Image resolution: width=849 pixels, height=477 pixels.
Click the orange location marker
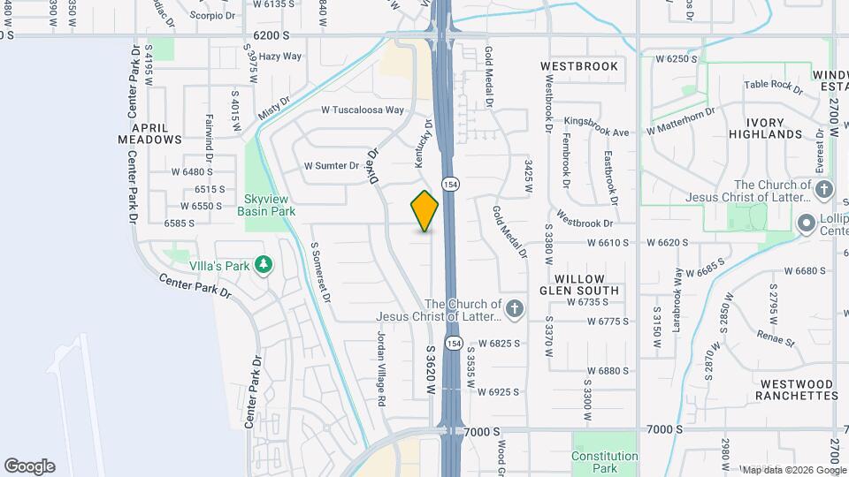424,210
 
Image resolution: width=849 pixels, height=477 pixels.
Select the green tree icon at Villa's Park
263,264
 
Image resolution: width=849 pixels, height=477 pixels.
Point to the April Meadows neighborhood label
150,132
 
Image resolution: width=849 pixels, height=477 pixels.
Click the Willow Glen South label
579,284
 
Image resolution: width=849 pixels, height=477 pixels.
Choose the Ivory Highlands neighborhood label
765,127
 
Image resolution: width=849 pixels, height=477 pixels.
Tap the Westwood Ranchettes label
797,390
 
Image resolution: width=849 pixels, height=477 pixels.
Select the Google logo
29,466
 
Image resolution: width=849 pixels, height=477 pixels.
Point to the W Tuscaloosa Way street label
363,110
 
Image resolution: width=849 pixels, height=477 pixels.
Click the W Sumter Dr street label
332,165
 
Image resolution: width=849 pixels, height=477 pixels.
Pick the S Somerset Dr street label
319,273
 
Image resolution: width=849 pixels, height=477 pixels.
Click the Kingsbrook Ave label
596,132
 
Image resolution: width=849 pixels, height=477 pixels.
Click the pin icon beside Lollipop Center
806,223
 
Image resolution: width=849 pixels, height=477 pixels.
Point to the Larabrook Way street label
677,298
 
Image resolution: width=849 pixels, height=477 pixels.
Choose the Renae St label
776,338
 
